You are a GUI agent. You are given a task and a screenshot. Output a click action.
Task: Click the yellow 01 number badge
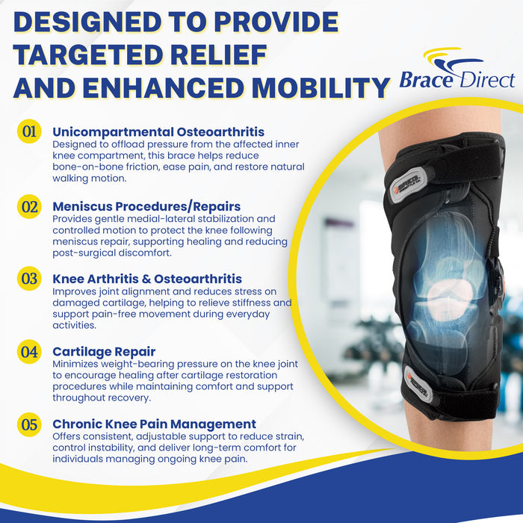click(29, 132)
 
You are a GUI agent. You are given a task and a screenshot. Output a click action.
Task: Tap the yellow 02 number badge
click(29, 206)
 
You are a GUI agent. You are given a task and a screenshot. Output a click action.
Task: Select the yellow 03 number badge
click(29, 279)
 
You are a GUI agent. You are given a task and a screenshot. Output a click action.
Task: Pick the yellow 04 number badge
click(29, 350)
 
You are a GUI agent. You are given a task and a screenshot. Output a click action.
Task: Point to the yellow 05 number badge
click(29, 424)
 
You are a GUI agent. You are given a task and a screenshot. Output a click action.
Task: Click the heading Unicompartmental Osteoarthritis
click(158, 132)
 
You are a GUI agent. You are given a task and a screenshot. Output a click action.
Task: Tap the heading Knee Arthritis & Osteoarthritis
click(147, 279)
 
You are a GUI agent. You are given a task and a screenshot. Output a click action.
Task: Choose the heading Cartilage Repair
click(104, 350)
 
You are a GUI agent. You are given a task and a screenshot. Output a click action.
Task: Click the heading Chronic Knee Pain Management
click(154, 424)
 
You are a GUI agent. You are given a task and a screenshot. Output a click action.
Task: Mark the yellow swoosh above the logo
click(448, 56)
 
